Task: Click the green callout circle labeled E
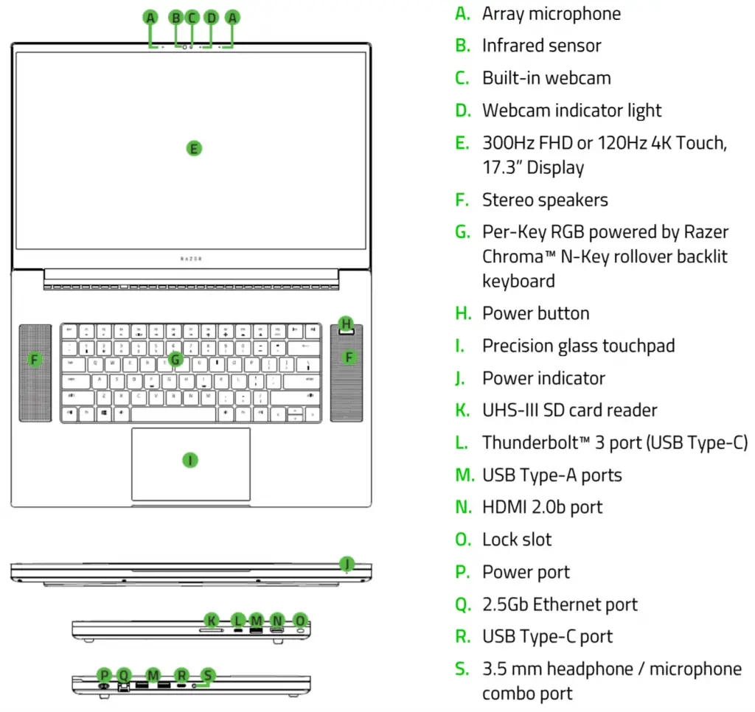click(193, 148)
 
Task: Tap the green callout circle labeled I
click(190, 460)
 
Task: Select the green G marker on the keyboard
click(175, 359)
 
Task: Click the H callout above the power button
click(346, 323)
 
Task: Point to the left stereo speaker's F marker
click(35, 359)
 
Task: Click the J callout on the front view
click(347, 564)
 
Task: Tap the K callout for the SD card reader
click(212, 620)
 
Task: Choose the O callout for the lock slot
click(299, 620)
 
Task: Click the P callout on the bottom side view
click(105, 674)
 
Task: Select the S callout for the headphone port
click(208, 674)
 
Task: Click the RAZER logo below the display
click(191, 259)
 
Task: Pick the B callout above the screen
click(175, 17)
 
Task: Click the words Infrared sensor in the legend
click(541, 46)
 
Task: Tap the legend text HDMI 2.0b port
click(542, 507)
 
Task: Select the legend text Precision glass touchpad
click(578, 346)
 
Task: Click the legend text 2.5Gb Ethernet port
click(560, 604)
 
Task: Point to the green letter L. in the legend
click(462, 442)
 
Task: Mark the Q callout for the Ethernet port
click(124, 674)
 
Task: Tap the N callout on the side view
click(277, 620)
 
